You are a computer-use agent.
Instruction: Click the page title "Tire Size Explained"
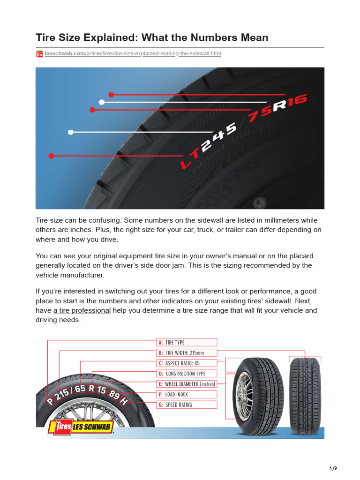(x=152, y=37)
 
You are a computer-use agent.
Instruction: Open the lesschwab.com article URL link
(x=133, y=54)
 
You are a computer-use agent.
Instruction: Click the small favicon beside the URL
(x=39, y=54)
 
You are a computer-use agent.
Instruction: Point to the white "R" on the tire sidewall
(x=279, y=107)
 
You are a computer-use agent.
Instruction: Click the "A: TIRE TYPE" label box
(x=187, y=343)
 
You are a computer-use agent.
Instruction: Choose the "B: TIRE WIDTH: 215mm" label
(x=187, y=353)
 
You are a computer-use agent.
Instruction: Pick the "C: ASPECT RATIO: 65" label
(x=187, y=363)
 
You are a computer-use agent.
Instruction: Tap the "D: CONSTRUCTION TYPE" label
(x=187, y=374)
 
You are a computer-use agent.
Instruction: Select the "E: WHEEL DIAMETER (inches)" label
(x=187, y=384)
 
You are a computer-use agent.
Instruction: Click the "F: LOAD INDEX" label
(x=187, y=394)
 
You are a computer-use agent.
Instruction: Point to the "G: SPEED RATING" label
(x=187, y=405)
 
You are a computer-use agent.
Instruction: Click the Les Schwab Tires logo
(x=81, y=428)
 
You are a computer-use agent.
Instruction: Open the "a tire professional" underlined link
(x=82, y=311)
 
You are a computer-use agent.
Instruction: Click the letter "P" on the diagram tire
(x=50, y=403)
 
